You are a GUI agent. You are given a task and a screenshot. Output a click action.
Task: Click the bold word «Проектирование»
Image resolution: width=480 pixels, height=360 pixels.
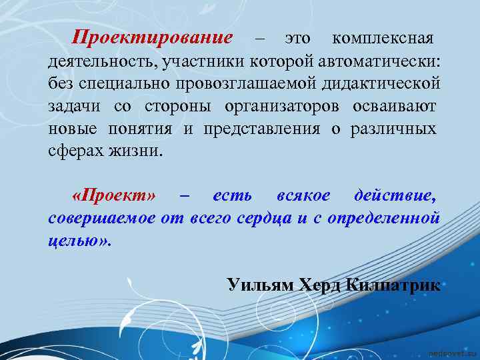point(153,36)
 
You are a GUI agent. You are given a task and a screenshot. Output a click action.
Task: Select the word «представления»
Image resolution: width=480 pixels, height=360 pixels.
point(261,129)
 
